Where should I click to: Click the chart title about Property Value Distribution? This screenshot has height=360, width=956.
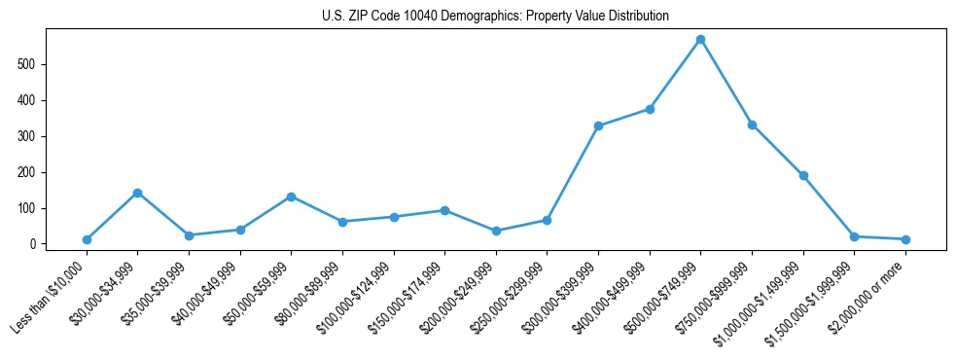point(495,17)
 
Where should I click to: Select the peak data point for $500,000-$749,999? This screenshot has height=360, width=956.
point(700,40)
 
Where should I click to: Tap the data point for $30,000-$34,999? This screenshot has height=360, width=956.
point(137,193)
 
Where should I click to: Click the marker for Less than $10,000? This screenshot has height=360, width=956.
point(87,239)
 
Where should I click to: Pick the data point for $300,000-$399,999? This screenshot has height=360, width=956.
point(598,126)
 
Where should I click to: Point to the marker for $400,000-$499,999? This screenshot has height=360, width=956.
point(649,109)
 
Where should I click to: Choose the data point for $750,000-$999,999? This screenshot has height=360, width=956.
point(752,126)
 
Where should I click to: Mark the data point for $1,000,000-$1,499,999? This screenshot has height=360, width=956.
point(803,176)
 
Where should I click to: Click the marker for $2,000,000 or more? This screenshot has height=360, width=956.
point(905,239)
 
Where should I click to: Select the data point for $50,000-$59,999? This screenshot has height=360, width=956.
point(291,197)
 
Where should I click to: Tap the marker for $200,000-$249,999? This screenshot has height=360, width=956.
point(496,231)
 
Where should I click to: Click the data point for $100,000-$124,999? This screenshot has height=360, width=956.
point(394,217)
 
